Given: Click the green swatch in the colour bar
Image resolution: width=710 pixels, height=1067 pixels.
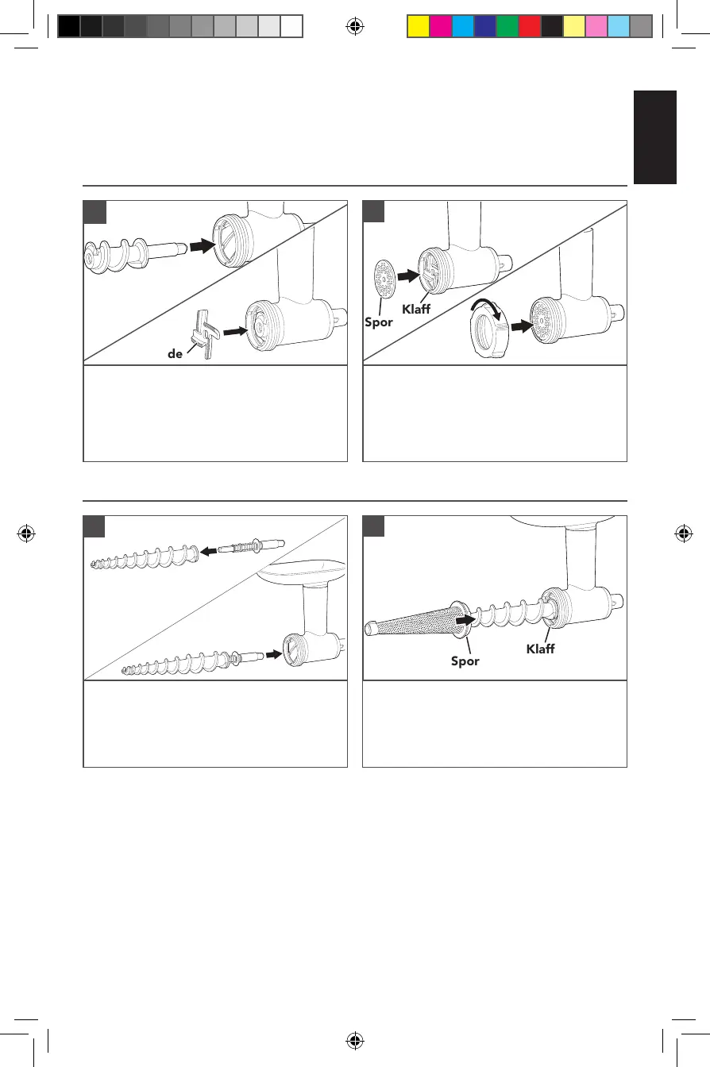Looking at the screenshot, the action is click(507, 27).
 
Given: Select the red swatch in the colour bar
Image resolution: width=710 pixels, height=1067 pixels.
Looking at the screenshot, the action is click(529, 27).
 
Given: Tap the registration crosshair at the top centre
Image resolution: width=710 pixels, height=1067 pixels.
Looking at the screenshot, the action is click(355, 27).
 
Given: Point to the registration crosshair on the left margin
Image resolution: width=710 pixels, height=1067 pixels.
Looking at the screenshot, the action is click(28, 533).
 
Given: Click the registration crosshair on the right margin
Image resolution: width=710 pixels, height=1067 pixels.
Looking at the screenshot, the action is click(682, 533).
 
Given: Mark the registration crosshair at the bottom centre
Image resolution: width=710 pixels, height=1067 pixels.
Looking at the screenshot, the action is click(355, 1039).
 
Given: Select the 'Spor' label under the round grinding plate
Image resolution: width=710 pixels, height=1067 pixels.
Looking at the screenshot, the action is click(380, 323).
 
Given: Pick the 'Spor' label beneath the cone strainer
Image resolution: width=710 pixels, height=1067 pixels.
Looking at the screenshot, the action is click(465, 661).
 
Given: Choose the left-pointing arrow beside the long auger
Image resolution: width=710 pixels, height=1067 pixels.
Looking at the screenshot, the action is click(210, 550).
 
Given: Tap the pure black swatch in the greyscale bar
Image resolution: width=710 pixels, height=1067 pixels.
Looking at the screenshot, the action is click(69, 27).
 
